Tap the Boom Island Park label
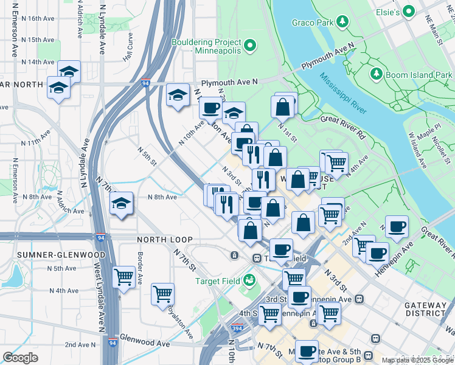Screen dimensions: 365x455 (420, 75)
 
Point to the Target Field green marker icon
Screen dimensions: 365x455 (248, 280)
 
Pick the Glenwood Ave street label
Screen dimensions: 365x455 (145, 343)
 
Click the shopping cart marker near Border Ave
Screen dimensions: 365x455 (124, 277)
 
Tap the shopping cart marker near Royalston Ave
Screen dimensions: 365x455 (163, 294)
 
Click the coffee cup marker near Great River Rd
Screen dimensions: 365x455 (397, 227)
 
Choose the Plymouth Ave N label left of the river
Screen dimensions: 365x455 (230, 82)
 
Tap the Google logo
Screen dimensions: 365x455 (21, 358)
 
